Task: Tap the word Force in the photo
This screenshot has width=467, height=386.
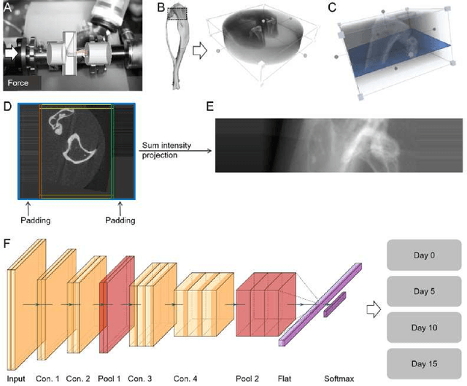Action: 20,83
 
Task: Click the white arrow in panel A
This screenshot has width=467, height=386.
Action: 12,53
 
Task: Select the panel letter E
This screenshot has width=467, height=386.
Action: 210,105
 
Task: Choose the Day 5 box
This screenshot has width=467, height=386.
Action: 423,292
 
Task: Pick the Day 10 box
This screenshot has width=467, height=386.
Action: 423,328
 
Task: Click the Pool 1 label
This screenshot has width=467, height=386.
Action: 109,379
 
